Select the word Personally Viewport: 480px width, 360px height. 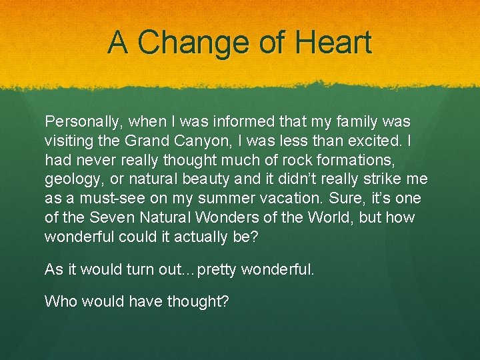[x=83, y=122]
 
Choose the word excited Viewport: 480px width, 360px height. [x=371, y=141]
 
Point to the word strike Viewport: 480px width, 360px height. [x=380, y=180]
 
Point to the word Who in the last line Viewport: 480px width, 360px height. [x=59, y=301]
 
